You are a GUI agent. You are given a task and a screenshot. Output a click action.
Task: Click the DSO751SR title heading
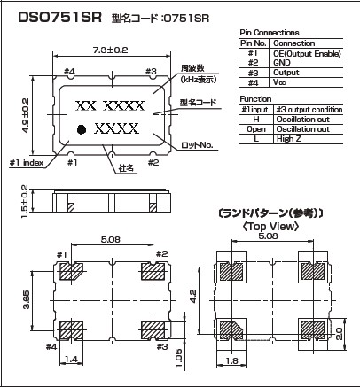point(59,18)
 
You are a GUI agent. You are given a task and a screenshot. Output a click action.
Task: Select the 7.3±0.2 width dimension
point(111,50)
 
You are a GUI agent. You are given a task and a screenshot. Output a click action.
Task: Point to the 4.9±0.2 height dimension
point(25,115)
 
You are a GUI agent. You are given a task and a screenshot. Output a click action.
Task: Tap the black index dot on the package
point(82,129)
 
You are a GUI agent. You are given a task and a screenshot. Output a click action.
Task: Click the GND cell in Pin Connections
point(282,63)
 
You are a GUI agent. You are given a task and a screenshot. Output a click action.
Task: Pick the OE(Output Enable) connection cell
point(307,53)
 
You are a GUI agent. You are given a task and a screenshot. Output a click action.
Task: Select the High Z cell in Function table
point(289,139)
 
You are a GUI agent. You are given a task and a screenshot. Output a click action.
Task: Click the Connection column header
point(293,43)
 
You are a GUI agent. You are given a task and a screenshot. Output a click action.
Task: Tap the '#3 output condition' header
point(309,110)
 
